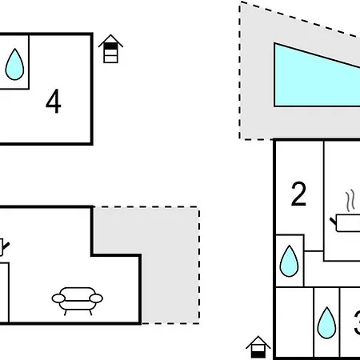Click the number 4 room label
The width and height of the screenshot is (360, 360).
tap(54, 102)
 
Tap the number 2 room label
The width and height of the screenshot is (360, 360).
tap(298, 194)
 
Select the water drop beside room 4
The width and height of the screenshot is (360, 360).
tap(14, 64)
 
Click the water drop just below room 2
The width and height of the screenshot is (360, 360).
tap(289, 261)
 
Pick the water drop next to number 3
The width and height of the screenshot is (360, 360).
tap(326, 322)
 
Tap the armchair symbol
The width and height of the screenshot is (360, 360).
tap(78, 301)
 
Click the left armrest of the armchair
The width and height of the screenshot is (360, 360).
tap(58, 298)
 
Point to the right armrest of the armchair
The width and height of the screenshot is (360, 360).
tap(96, 298)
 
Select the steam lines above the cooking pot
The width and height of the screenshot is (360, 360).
tap(350, 201)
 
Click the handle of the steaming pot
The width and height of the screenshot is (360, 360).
tap(334, 221)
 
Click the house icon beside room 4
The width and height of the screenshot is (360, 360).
tap(110, 49)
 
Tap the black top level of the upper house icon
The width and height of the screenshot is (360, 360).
tap(110, 46)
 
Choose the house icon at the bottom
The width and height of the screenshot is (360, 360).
tap(258, 347)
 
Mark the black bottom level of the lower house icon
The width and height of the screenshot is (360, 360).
tap(258, 354)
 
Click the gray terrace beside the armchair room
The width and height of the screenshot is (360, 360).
tap(170, 266)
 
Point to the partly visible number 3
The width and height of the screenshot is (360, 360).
tap(357, 322)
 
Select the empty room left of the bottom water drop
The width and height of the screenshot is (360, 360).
tap(294, 322)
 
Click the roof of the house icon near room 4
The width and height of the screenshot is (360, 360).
tap(110, 40)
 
